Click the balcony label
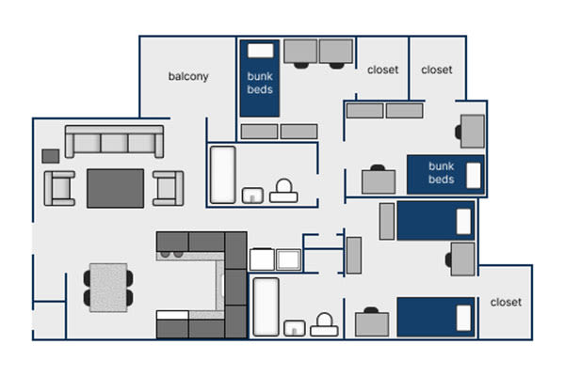coord(187,77)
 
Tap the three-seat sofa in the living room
coord(114,142)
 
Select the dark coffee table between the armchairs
coord(115,188)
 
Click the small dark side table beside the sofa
coord(51,155)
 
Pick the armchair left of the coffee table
coord(60,188)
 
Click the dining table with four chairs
coord(106,287)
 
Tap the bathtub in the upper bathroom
coord(222,174)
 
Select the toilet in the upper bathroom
coord(282,192)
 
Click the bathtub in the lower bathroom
coord(266,306)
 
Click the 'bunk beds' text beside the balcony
coord(260,83)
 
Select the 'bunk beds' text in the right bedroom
coord(441,174)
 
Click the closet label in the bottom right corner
coord(506,303)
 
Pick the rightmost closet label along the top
coord(436,70)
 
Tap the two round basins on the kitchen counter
coord(172,253)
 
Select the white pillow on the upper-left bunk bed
coord(260,50)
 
